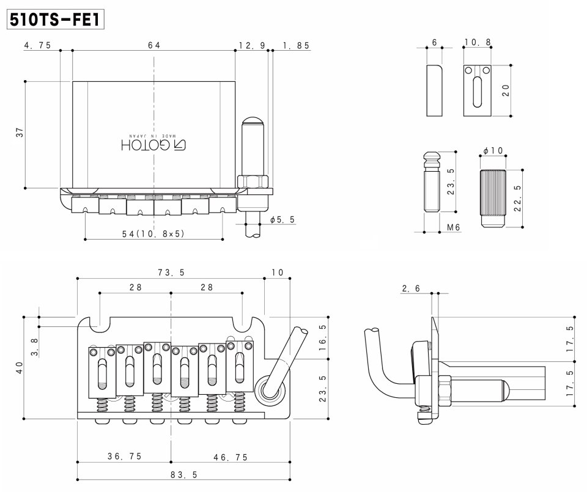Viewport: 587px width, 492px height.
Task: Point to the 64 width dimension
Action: pyautogui.click(x=154, y=45)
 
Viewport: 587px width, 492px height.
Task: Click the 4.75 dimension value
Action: pyautogui.click(x=38, y=45)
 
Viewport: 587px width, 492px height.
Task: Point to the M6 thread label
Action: pyautogui.click(x=453, y=227)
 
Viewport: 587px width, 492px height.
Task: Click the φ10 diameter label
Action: pyautogui.click(x=492, y=150)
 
